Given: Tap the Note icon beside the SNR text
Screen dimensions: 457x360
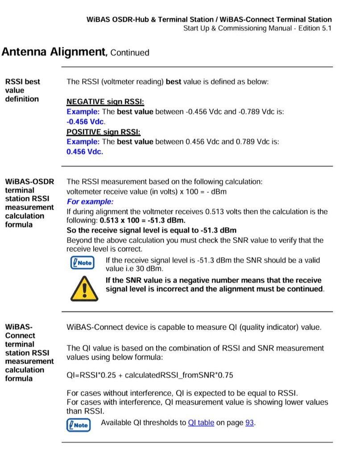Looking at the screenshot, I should tap(81, 263).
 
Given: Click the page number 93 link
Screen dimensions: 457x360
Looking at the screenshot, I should tap(249, 423).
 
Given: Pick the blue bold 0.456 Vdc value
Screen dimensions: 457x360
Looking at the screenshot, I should tap(85, 152).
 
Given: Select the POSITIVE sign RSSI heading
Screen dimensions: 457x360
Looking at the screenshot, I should tap(103, 132).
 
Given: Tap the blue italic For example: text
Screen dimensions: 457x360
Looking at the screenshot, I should tap(90, 201).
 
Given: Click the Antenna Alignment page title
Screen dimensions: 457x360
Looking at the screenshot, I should tap(53, 52).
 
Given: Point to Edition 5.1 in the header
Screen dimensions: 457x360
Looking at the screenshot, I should tap(315, 29).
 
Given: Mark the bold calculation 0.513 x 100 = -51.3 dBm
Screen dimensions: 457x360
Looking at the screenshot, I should tap(143, 220).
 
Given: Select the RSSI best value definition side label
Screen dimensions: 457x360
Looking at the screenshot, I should tap(22, 90).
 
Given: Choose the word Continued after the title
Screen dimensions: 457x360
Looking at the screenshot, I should tap(129, 53).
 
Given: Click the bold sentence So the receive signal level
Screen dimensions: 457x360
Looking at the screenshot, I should tap(151, 230).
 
